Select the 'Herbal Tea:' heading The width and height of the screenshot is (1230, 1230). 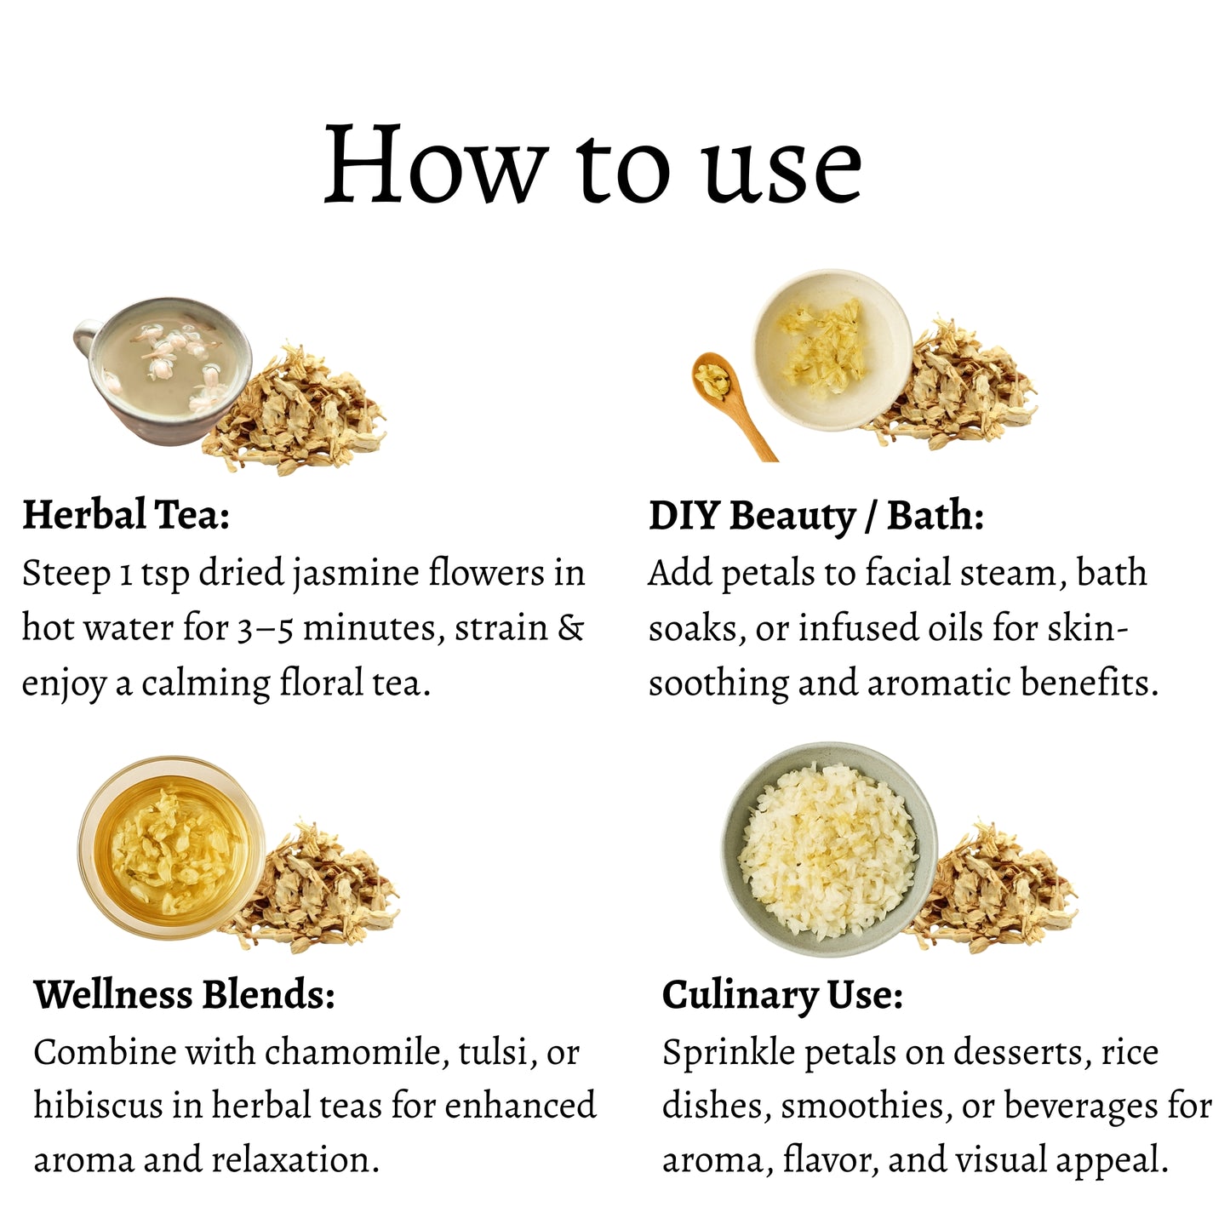tap(126, 515)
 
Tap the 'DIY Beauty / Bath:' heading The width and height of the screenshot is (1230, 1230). tap(815, 516)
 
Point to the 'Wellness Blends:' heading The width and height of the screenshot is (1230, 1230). tap(184, 994)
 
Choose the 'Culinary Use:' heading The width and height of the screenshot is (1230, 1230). tap(782, 995)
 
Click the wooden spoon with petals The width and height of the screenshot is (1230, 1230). tap(729, 396)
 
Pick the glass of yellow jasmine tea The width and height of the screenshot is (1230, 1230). tap(171, 848)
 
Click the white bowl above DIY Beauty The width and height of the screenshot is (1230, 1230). tap(832, 350)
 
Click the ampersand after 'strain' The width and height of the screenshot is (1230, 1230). tap(570, 628)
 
